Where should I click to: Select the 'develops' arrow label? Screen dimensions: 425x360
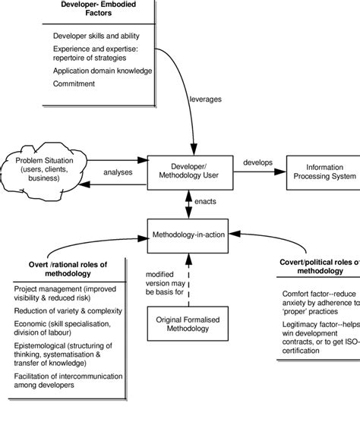coord(257,162)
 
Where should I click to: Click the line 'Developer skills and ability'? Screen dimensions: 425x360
coord(93,36)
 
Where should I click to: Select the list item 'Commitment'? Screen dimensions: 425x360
coord(74,83)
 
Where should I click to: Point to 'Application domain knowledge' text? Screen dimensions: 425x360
coord(103,71)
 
